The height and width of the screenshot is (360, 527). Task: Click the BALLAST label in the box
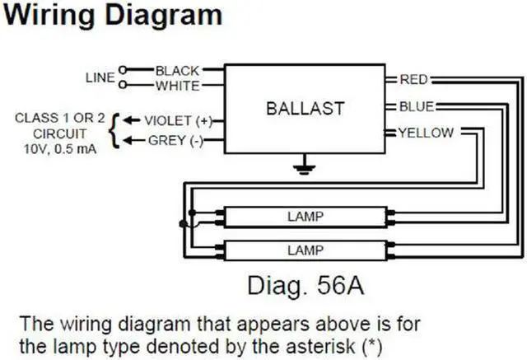(304, 109)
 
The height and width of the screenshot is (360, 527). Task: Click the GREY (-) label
(174, 141)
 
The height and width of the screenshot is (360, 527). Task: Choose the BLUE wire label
(416, 106)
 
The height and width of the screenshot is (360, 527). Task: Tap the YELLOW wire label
(425, 132)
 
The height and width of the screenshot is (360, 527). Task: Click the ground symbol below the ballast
(305, 169)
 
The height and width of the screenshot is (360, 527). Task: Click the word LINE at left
(99, 78)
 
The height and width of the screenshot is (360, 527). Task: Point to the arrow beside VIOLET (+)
(129, 121)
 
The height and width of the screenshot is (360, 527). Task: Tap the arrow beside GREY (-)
(129, 141)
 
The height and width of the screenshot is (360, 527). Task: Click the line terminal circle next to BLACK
(124, 71)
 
